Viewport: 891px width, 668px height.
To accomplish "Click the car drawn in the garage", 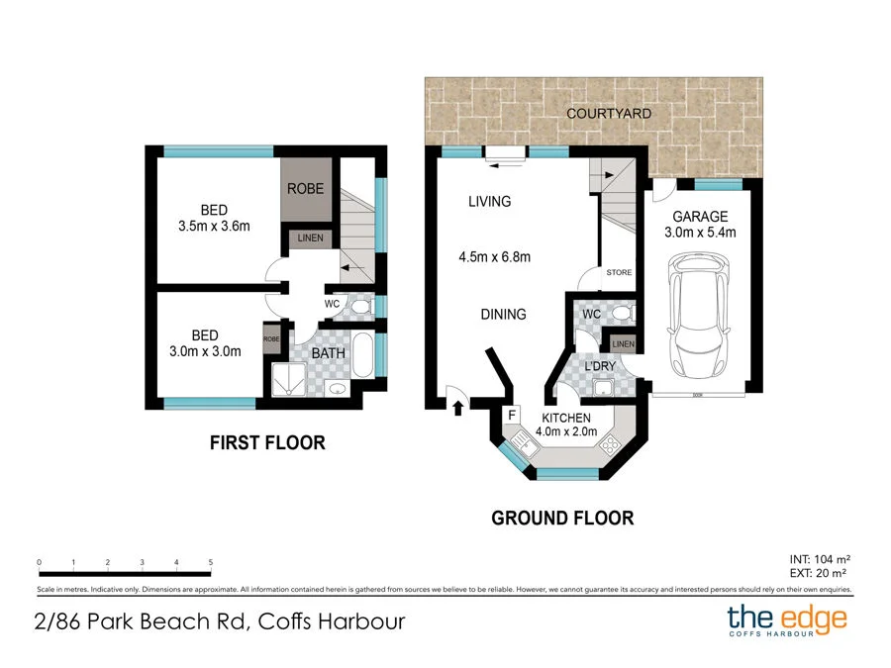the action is pyautogui.click(x=699, y=316).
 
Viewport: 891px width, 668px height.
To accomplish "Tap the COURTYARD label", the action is pyautogui.click(x=609, y=114).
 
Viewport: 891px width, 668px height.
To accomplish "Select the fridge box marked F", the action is pyautogui.click(x=512, y=415).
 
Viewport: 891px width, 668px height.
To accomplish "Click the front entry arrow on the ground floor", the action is pyautogui.click(x=458, y=408).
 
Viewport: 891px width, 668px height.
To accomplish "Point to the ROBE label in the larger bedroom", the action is pyautogui.click(x=305, y=189).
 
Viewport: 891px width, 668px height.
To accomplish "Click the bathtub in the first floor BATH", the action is pyautogui.click(x=362, y=354).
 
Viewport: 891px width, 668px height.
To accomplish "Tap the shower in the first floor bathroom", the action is pyautogui.click(x=289, y=379).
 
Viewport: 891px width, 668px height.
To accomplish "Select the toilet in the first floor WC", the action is pyautogui.click(x=360, y=308).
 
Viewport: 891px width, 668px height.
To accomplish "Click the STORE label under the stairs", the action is pyautogui.click(x=619, y=273).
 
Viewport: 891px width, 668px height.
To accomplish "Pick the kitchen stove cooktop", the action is pyautogui.click(x=609, y=443).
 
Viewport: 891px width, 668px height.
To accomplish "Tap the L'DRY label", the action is pyautogui.click(x=600, y=366).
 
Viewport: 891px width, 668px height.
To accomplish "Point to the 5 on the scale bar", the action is pyautogui.click(x=210, y=562).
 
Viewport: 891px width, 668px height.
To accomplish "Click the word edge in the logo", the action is pyautogui.click(x=815, y=620).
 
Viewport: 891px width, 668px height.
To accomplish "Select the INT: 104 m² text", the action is pyautogui.click(x=820, y=559).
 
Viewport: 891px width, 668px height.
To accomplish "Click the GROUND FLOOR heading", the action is pyautogui.click(x=562, y=518).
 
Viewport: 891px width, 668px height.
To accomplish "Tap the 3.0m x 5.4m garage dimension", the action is pyautogui.click(x=700, y=233).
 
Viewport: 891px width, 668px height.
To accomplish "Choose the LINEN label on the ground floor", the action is pyautogui.click(x=623, y=344).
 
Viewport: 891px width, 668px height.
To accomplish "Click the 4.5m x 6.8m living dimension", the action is pyautogui.click(x=494, y=257).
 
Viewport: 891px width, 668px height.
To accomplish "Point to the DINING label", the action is pyautogui.click(x=504, y=314).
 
